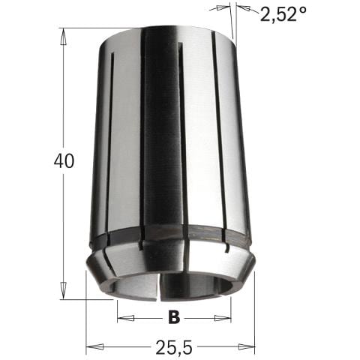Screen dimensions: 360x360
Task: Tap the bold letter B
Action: (x=173, y=318)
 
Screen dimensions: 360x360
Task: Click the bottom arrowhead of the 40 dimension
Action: (x=65, y=295)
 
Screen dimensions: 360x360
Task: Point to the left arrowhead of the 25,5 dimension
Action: (x=91, y=346)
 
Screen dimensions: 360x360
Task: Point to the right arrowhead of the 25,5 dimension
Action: (x=250, y=346)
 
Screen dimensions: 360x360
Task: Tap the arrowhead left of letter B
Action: (x=121, y=317)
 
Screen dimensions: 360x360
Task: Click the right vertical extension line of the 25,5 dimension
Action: (x=256, y=315)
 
